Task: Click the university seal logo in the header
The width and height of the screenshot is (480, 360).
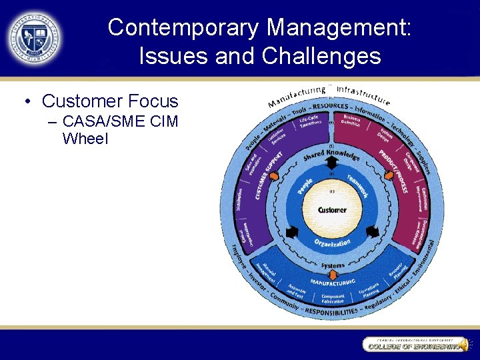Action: (x=34, y=38)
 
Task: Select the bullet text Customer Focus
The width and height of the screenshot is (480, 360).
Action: (x=110, y=101)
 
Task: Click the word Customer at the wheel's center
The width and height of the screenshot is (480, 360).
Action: (x=331, y=210)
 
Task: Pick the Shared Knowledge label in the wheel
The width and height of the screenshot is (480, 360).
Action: (x=331, y=155)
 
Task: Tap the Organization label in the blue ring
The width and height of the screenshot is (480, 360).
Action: (x=332, y=244)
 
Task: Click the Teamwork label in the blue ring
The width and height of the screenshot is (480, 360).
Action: (x=357, y=185)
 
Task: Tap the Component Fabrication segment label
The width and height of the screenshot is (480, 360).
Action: (x=333, y=299)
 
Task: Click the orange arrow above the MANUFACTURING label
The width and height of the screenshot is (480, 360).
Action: (x=333, y=273)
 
